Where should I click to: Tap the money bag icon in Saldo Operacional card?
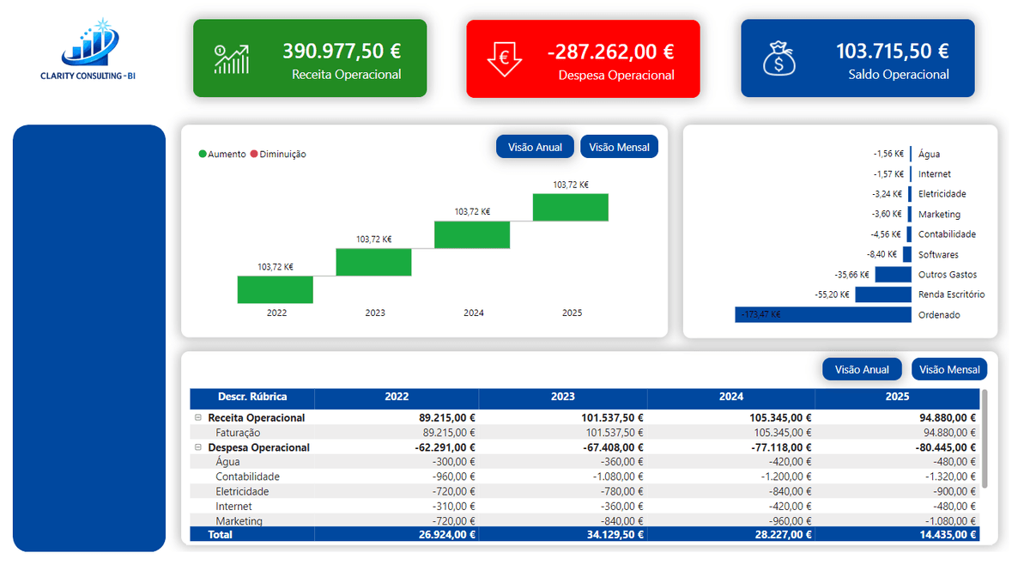[779, 58]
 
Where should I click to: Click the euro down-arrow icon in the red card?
[505, 58]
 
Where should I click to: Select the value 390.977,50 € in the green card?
[342, 52]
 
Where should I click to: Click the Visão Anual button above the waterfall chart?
[535, 147]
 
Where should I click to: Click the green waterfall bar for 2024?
[472, 234]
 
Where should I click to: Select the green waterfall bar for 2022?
[276, 289]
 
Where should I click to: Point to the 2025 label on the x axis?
[572, 313]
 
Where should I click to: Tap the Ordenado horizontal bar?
[822, 315]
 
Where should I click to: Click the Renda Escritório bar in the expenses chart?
[882, 295]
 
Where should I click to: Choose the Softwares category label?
[938, 255]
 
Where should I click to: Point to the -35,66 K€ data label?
[851, 275]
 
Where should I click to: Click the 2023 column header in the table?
[562, 398]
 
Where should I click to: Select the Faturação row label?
[238, 433]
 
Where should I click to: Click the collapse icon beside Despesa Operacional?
[198, 447]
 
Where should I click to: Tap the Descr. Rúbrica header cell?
[252, 398]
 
